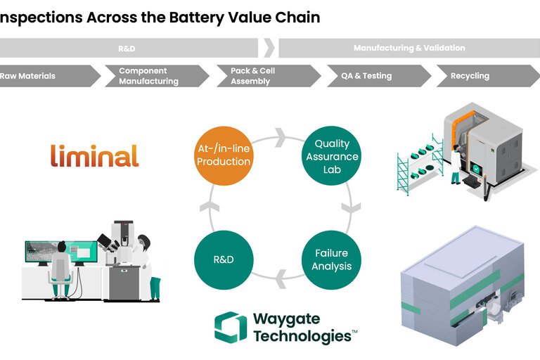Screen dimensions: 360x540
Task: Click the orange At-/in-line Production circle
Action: pyautogui.click(x=224, y=155)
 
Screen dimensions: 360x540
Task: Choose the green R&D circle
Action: pyautogui.click(x=224, y=259)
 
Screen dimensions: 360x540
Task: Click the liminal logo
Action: pyautogui.click(x=94, y=155)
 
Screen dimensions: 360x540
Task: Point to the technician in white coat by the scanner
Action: pyautogui.click(x=456, y=164)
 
